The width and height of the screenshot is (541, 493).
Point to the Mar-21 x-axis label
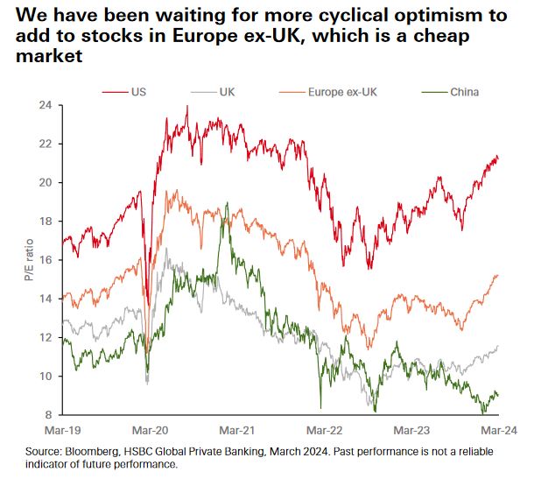[236, 431]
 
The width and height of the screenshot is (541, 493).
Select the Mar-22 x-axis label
[324, 431]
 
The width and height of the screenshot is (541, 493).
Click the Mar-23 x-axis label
[411, 431]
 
